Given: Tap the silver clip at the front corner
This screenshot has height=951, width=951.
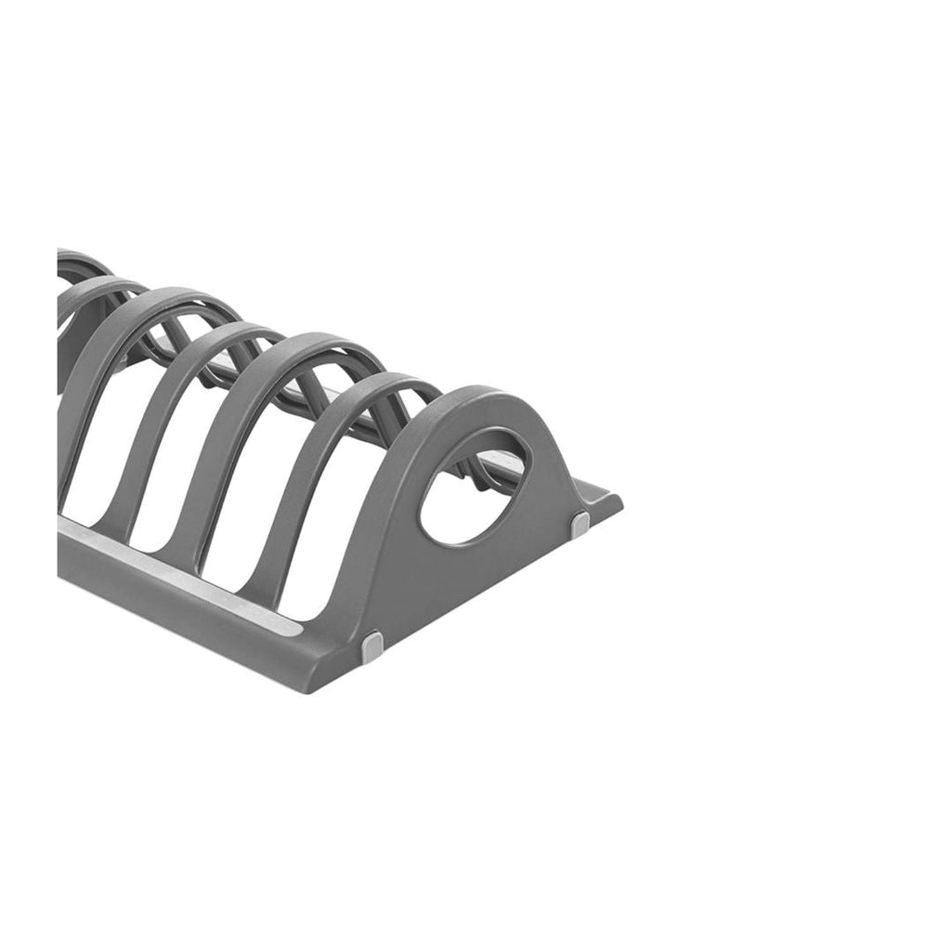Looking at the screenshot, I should [x=372, y=646].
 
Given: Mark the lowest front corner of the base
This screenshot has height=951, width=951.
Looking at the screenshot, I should [x=312, y=689].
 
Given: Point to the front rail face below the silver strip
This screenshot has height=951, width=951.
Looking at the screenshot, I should [x=186, y=613].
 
